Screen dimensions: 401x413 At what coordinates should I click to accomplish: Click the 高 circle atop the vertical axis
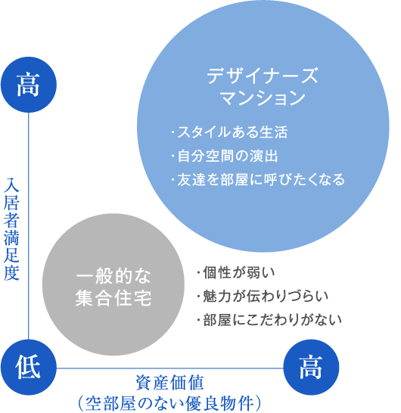[x=29, y=85]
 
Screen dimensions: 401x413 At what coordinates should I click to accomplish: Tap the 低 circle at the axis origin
[x=29, y=367]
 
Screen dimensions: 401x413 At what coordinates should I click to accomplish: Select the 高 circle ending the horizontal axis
[x=311, y=367]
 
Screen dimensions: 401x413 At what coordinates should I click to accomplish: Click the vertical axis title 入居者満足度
[x=11, y=229]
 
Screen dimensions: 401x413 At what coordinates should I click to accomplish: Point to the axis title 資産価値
[x=170, y=383]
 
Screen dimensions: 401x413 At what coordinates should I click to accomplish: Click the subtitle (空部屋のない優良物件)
[x=170, y=403]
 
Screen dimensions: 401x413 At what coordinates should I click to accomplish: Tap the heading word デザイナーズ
[x=263, y=76]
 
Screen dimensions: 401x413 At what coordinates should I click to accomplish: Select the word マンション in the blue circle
[x=263, y=98]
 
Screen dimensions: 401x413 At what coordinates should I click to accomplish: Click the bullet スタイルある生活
[x=229, y=132]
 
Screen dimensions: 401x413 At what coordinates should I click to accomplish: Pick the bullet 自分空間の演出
[x=225, y=156]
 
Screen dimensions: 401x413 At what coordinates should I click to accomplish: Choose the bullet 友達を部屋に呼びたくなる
[x=258, y=179]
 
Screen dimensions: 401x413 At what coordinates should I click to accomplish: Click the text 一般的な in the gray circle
[x=113, y=276]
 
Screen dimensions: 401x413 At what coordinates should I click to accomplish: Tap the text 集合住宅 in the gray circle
[x=113, y=298]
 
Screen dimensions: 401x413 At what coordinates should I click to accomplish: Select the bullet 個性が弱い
[x=236, y=272]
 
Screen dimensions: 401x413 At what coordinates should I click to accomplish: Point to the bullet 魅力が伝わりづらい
[x=263, y=296]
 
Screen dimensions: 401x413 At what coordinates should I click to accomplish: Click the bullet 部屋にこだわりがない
[x=269, y=320]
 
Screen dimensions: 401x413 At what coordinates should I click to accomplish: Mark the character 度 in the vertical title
[x=11, y=273]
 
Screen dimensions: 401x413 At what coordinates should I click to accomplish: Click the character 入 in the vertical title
[x=11, y=185]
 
